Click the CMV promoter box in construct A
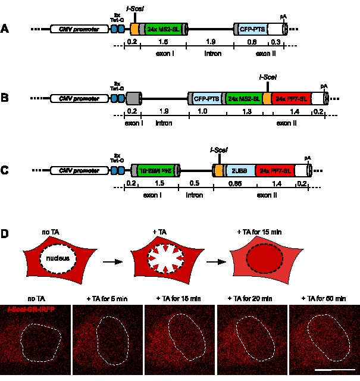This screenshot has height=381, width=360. (76, 29)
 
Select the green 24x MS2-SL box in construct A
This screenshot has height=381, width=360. (162, 29)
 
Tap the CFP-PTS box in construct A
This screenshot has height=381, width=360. (251, 29)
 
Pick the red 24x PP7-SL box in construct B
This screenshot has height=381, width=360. (289, 98)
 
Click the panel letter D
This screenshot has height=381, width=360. (5, 233)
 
